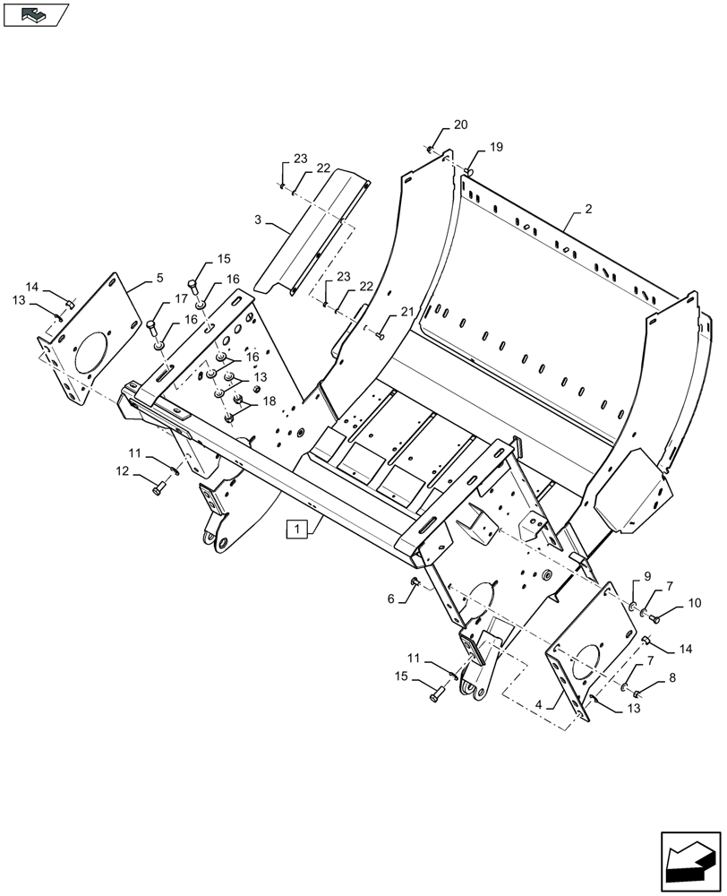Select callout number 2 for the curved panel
click(x=587, y=209)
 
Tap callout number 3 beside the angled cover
click(x=258, y=220)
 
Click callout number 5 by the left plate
click(x=159, y=279)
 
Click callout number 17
click(x=182, y=298)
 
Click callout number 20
click(x=460, y=125)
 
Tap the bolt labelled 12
click(x=158, y=489)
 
